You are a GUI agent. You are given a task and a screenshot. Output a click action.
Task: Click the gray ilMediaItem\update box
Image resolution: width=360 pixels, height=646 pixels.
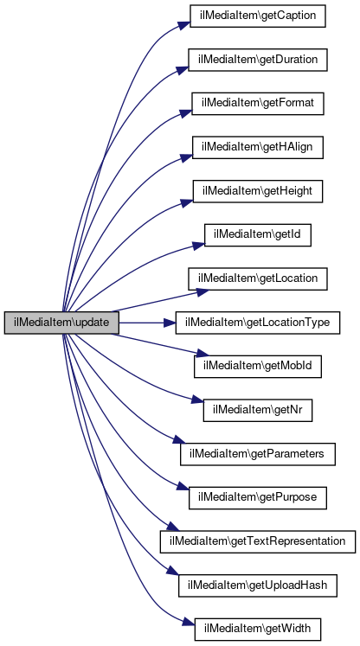[x=61, y=323]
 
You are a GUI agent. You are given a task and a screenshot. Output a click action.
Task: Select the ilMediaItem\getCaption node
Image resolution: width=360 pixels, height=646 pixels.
[x=257, y=16]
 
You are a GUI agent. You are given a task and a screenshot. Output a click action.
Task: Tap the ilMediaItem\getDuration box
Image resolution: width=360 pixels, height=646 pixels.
[x=258, y=60]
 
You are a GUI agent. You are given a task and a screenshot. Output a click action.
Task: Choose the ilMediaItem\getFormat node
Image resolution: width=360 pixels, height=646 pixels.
[x=257, y=104]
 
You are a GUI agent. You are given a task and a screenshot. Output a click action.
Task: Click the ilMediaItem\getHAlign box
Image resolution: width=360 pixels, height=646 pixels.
[x=258, y=147]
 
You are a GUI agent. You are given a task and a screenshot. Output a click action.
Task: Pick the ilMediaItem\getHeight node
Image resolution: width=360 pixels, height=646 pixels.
[x=258, y=191]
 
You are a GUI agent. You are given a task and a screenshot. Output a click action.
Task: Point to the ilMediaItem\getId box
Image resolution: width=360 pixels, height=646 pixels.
[x=258, y=235]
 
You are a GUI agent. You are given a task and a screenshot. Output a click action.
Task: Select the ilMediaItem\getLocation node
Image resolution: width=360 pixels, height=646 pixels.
[x=258, y=278]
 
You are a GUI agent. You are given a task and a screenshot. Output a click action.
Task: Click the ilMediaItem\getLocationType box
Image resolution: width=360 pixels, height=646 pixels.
[x=258, y=323]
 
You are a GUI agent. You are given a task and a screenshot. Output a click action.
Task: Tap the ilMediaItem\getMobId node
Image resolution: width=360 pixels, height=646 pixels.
[x=258, y=367]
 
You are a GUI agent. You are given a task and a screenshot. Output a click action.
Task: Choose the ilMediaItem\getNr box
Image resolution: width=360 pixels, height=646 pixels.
[x=258, y=410]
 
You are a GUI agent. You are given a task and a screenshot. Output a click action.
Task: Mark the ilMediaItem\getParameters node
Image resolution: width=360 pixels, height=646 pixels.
[x=258, y=454]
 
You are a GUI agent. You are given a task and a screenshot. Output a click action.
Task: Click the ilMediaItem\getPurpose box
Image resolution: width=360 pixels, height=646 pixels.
[x=258, y=497]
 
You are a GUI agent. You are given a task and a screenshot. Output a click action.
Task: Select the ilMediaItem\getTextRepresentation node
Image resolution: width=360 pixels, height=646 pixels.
[x=258, y=541]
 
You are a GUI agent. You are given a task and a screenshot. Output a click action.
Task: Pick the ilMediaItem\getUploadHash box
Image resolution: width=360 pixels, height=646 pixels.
[x=258, y=585]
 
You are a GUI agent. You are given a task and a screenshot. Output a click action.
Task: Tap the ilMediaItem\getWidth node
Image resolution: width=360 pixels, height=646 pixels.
[x=258, y=629]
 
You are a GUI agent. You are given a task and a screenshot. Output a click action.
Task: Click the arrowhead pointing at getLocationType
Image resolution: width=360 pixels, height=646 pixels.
[x=170, y=323]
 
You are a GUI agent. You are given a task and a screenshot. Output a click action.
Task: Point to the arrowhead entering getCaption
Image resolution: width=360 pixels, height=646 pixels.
[x=184, y=23]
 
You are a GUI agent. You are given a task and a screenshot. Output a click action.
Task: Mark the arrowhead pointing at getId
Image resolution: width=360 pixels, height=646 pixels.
[x=199, y=246]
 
